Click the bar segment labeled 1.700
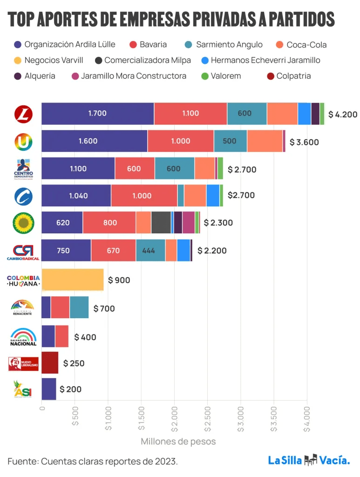tap(97, 114)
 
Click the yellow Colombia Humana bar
tap(72, 280)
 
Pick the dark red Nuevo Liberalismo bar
tap(50, 363)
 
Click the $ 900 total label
tap(119, 280)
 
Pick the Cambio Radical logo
tap(23, 252)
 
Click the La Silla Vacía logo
tap(309, 461)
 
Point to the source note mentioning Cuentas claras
tap(92, 461)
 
